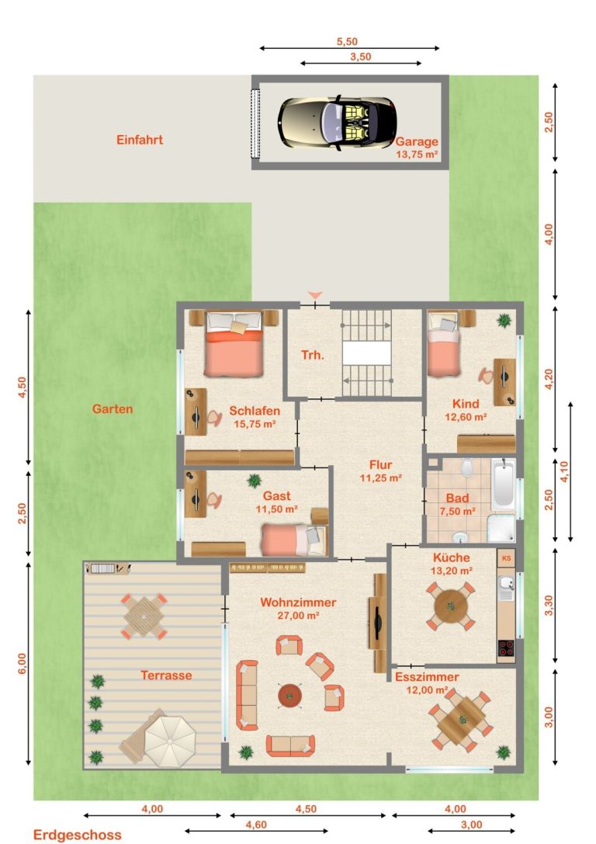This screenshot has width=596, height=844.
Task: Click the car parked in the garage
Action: [338, 123]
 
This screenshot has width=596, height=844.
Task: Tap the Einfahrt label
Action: [140, 140]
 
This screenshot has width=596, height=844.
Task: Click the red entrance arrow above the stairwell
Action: [315, 295]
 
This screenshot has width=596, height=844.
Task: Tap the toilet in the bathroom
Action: [466, 467]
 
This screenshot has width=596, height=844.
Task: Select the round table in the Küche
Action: [451, 606]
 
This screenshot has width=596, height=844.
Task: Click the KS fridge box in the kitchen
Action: [506, 558]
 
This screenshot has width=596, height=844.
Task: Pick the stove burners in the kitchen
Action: [506, 648]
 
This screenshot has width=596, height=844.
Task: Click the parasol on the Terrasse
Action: [171, 742]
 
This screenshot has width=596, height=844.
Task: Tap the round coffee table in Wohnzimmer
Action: [290, 696]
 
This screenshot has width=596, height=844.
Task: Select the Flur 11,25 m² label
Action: [381, 471]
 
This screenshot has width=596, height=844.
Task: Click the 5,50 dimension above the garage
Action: [347, 41]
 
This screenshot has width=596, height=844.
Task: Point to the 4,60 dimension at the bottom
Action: [256, 825]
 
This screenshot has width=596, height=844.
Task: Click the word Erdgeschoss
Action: [78, 835]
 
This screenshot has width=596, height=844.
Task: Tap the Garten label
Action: [113, 409]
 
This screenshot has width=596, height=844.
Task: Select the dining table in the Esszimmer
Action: [462, 720]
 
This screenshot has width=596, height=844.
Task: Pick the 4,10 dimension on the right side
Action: [564, 471]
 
